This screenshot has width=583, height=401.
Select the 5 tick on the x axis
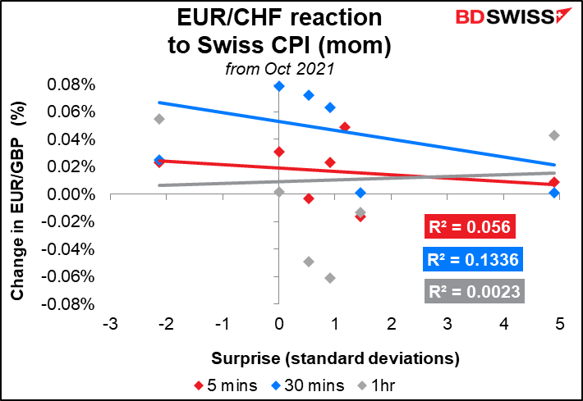(559, 326)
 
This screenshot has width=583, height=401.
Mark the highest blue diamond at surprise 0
(279, 86)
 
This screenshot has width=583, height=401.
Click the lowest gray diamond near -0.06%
(330, 278)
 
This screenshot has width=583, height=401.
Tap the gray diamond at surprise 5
(554, 135)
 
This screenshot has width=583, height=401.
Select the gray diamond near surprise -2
(159, 119)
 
